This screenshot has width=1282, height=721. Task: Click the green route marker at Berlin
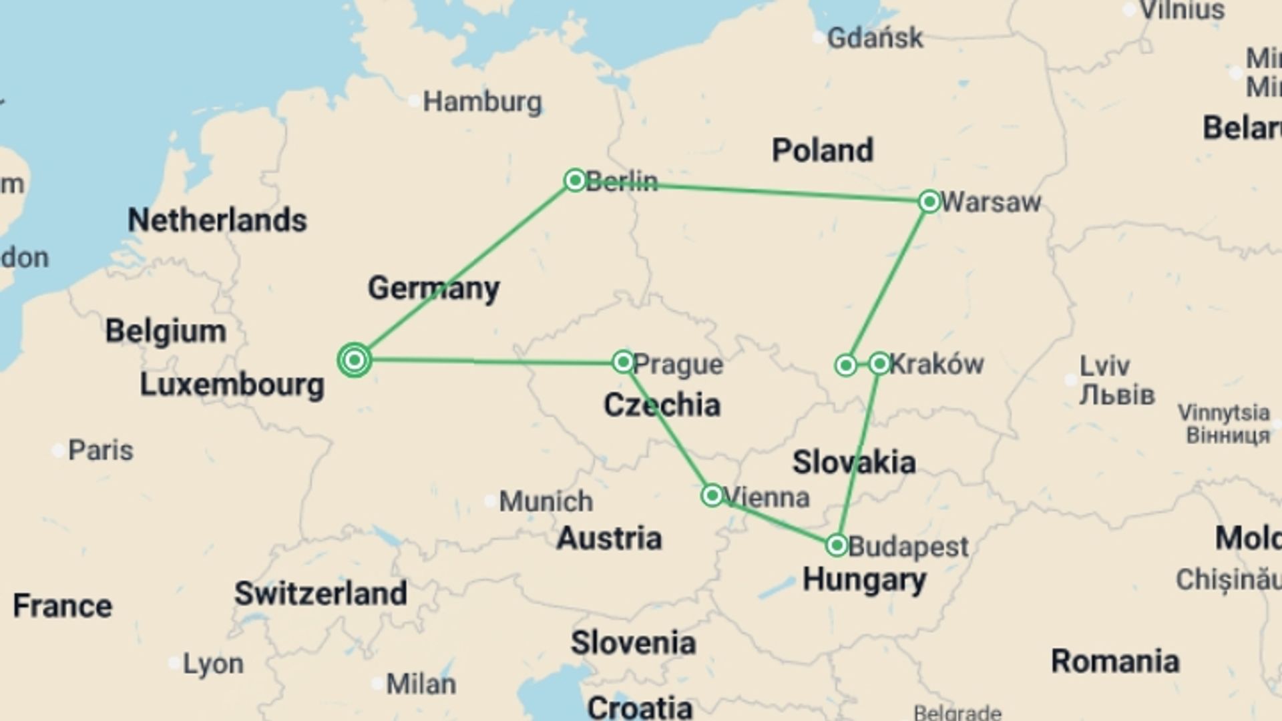tap(575, 180)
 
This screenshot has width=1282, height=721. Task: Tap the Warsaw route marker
tap(929, 202)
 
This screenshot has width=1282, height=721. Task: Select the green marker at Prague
tap(623, 362)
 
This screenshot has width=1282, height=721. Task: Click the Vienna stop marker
tap(712, 495)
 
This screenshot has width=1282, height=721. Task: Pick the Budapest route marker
tap(837, 545)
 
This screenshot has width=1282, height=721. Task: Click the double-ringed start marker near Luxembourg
tap(355, 360)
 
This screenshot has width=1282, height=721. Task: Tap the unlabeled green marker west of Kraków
tap(846, 365)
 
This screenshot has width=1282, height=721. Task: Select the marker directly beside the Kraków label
tap(879, 363)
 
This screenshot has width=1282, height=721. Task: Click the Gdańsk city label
tap(875, 38)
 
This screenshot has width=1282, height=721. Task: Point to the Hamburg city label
tap(482, 102)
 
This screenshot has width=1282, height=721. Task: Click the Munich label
tap(546, 501)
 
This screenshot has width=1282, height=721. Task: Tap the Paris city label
tap(101, 450)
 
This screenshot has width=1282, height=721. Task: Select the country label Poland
tap(822, 150)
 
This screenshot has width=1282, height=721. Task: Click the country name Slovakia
tap(853, 462)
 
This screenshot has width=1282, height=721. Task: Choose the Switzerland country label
tap(320, 593)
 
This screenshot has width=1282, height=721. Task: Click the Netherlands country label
tap(217, 220)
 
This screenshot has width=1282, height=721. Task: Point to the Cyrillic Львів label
tap(1117, 395)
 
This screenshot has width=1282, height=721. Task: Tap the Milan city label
tap(421, 684)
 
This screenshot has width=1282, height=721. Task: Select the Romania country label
tap(1114, 661)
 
